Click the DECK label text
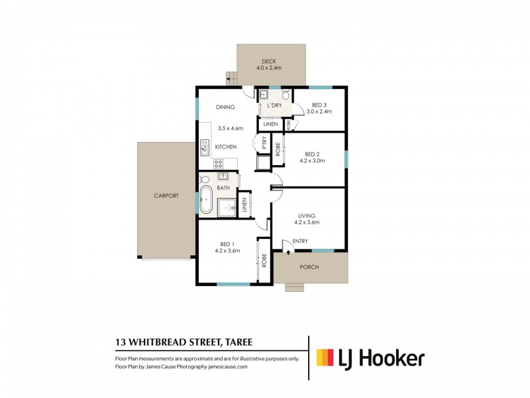(268, 61)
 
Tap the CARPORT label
(166, 196)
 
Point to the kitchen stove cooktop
(217, 163)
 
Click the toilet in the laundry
(286, 95)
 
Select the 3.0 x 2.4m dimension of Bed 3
(319, 111)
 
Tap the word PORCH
(309, 267)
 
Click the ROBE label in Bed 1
(263, 261)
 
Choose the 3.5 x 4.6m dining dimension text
(231, 128)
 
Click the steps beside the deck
(232, 78)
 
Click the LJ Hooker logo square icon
(324, 358)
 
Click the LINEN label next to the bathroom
(244, 206)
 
